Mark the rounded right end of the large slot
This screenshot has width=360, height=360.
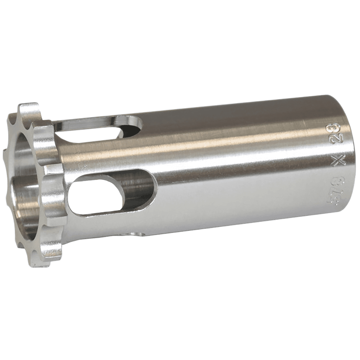point(151,189)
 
